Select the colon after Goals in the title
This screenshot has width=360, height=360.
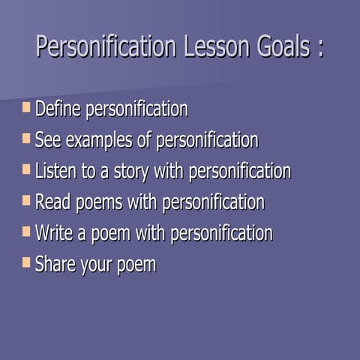click(x=320, y=49)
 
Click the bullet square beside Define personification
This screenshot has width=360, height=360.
click(x=27, y=107)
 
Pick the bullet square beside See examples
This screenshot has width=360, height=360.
click(x=27, y=139)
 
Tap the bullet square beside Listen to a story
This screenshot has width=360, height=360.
click(x=27, y=169)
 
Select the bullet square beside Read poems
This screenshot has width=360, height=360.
click(x=27, y=200)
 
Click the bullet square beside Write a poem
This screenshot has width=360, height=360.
click(x=27, y=231)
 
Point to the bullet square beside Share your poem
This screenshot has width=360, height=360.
click(x=27, y=262)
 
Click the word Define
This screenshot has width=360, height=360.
click(x=58, y=109)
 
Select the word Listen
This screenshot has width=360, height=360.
click(x=55, y=172)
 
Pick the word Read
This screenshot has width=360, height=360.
click(x=52, y=202)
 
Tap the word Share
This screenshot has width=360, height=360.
click(x=55, y=265)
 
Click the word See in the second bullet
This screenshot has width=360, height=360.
click(x=47, y=141)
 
